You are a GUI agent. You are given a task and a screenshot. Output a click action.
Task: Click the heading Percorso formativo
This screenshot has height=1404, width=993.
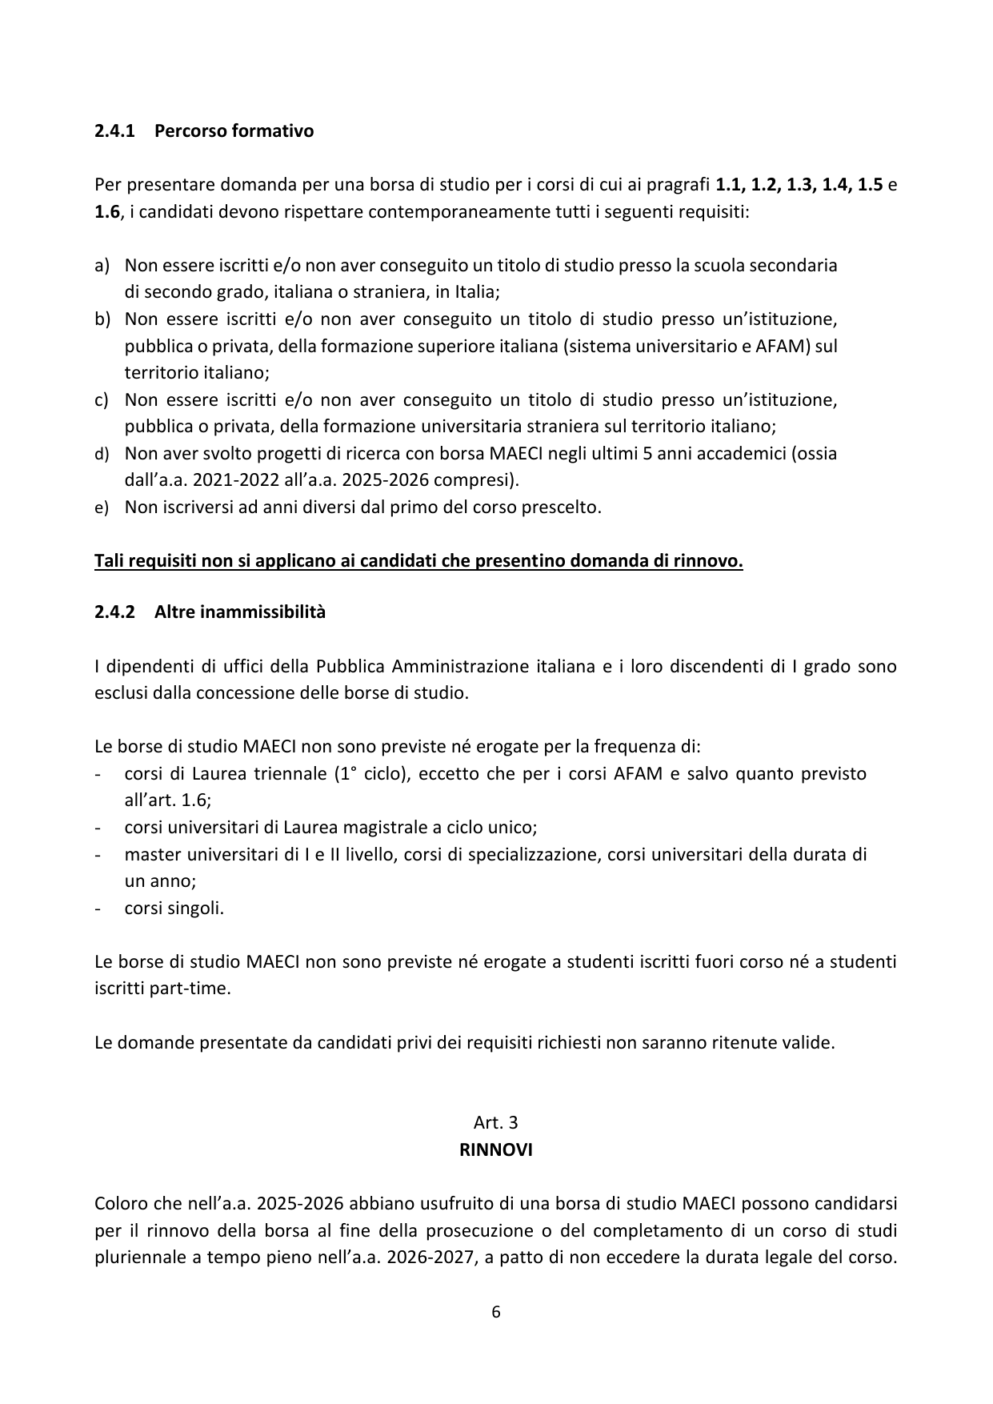234,130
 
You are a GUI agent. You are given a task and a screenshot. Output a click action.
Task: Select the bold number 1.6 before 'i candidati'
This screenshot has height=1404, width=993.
106,212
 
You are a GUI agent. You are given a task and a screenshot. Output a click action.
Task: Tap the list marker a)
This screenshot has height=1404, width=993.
102,265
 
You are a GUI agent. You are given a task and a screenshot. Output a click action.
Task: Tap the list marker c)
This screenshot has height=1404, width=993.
102,399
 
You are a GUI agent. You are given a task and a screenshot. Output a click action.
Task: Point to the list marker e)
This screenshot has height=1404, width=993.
102,507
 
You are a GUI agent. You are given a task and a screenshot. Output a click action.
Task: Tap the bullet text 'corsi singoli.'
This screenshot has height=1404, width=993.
174,909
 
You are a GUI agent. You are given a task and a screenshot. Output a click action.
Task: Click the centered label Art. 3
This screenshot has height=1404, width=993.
496,1123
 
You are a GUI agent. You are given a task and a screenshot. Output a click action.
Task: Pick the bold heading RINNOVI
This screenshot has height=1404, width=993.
496,1150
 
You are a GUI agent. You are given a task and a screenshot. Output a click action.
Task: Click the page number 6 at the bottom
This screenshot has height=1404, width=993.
496,1312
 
